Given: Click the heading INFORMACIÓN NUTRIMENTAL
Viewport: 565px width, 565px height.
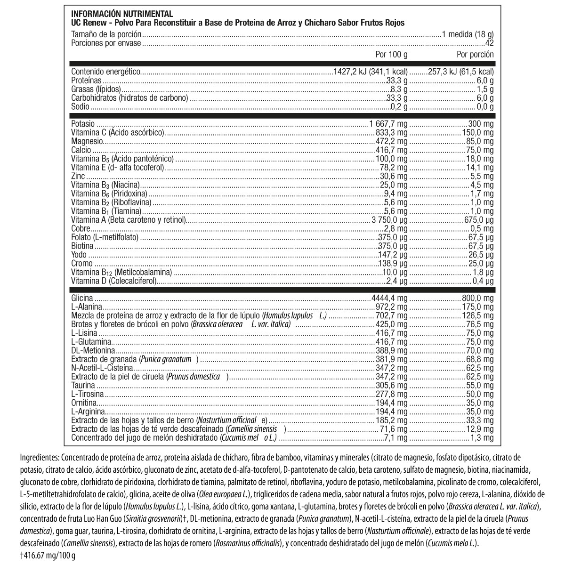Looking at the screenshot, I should [122, 14].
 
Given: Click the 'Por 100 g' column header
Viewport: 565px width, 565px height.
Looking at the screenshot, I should [392, 54].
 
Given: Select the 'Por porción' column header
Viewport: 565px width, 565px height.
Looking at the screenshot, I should [475, 54].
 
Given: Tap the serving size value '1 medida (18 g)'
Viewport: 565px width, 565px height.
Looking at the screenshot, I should [468, 34].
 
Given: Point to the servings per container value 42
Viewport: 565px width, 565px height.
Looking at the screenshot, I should [489, 43].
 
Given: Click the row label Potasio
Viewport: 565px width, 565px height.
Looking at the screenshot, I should [82, 123].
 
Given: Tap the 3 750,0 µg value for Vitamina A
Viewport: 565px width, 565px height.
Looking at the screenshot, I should [389, 220].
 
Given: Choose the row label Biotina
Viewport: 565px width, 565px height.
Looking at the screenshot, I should [82, 246].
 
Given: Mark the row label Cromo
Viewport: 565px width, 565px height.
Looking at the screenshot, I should [81, 264].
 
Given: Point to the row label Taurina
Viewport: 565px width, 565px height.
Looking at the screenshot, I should [82, 385].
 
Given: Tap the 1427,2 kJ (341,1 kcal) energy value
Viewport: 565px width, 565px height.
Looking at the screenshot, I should [370, 72].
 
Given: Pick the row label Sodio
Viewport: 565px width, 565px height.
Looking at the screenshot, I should [80, 107].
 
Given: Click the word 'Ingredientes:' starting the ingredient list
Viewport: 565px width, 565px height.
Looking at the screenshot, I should [40, 457].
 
